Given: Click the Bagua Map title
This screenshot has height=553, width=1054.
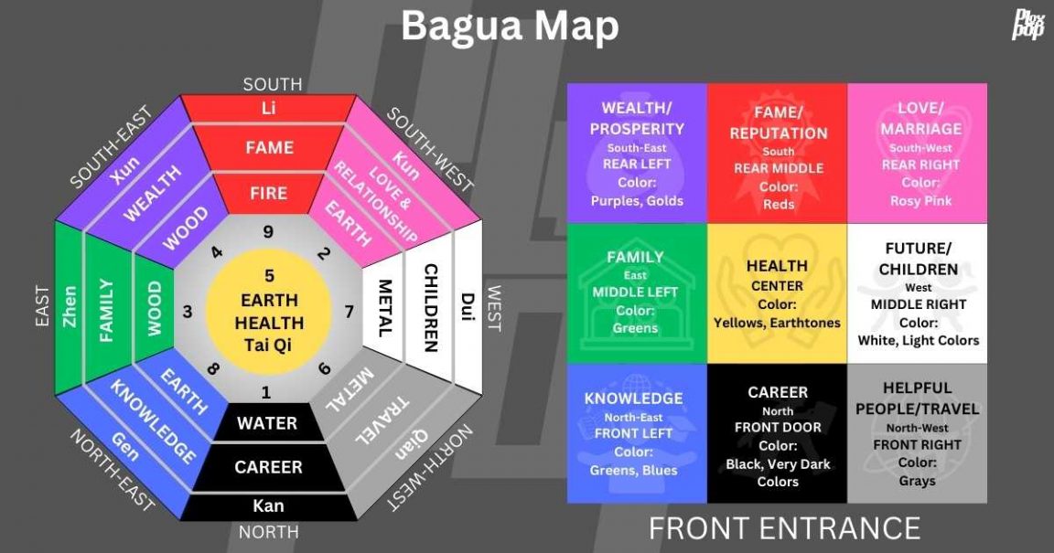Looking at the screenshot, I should [x=510, y=27].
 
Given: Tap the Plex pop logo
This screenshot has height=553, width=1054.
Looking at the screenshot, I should [x=1027, y=24].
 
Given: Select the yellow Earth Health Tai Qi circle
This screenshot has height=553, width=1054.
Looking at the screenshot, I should [x=269, y=311].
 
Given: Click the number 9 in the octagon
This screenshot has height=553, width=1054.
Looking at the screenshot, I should [x=268, y=232].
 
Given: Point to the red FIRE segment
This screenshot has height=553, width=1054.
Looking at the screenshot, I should [x=269, y=193].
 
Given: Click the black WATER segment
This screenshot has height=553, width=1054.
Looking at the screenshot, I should [x=267, y=423].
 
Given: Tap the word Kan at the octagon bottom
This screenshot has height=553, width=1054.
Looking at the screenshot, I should [x=268, y=505].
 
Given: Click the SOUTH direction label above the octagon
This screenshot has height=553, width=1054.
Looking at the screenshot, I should [x=272, y=84].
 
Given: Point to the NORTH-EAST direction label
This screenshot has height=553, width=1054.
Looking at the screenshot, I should [x=113, y=471].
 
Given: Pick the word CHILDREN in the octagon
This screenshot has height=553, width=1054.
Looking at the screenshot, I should [x=430, y=308].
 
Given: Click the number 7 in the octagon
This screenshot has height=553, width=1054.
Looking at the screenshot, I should [x=349, y=312].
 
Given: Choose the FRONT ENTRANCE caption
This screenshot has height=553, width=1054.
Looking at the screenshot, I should [x=784, y=527].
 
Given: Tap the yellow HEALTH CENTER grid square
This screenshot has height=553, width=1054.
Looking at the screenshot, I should [x=777, y=293].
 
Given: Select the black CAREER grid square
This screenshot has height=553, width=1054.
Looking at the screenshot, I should [x=777, y=434].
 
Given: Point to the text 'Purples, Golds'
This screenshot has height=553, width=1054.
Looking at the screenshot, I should [x=637, y=201].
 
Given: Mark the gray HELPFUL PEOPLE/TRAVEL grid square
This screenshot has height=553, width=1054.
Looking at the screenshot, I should [x=917, y=434].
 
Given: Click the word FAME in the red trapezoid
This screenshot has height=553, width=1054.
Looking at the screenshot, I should [x=269, y=147].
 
